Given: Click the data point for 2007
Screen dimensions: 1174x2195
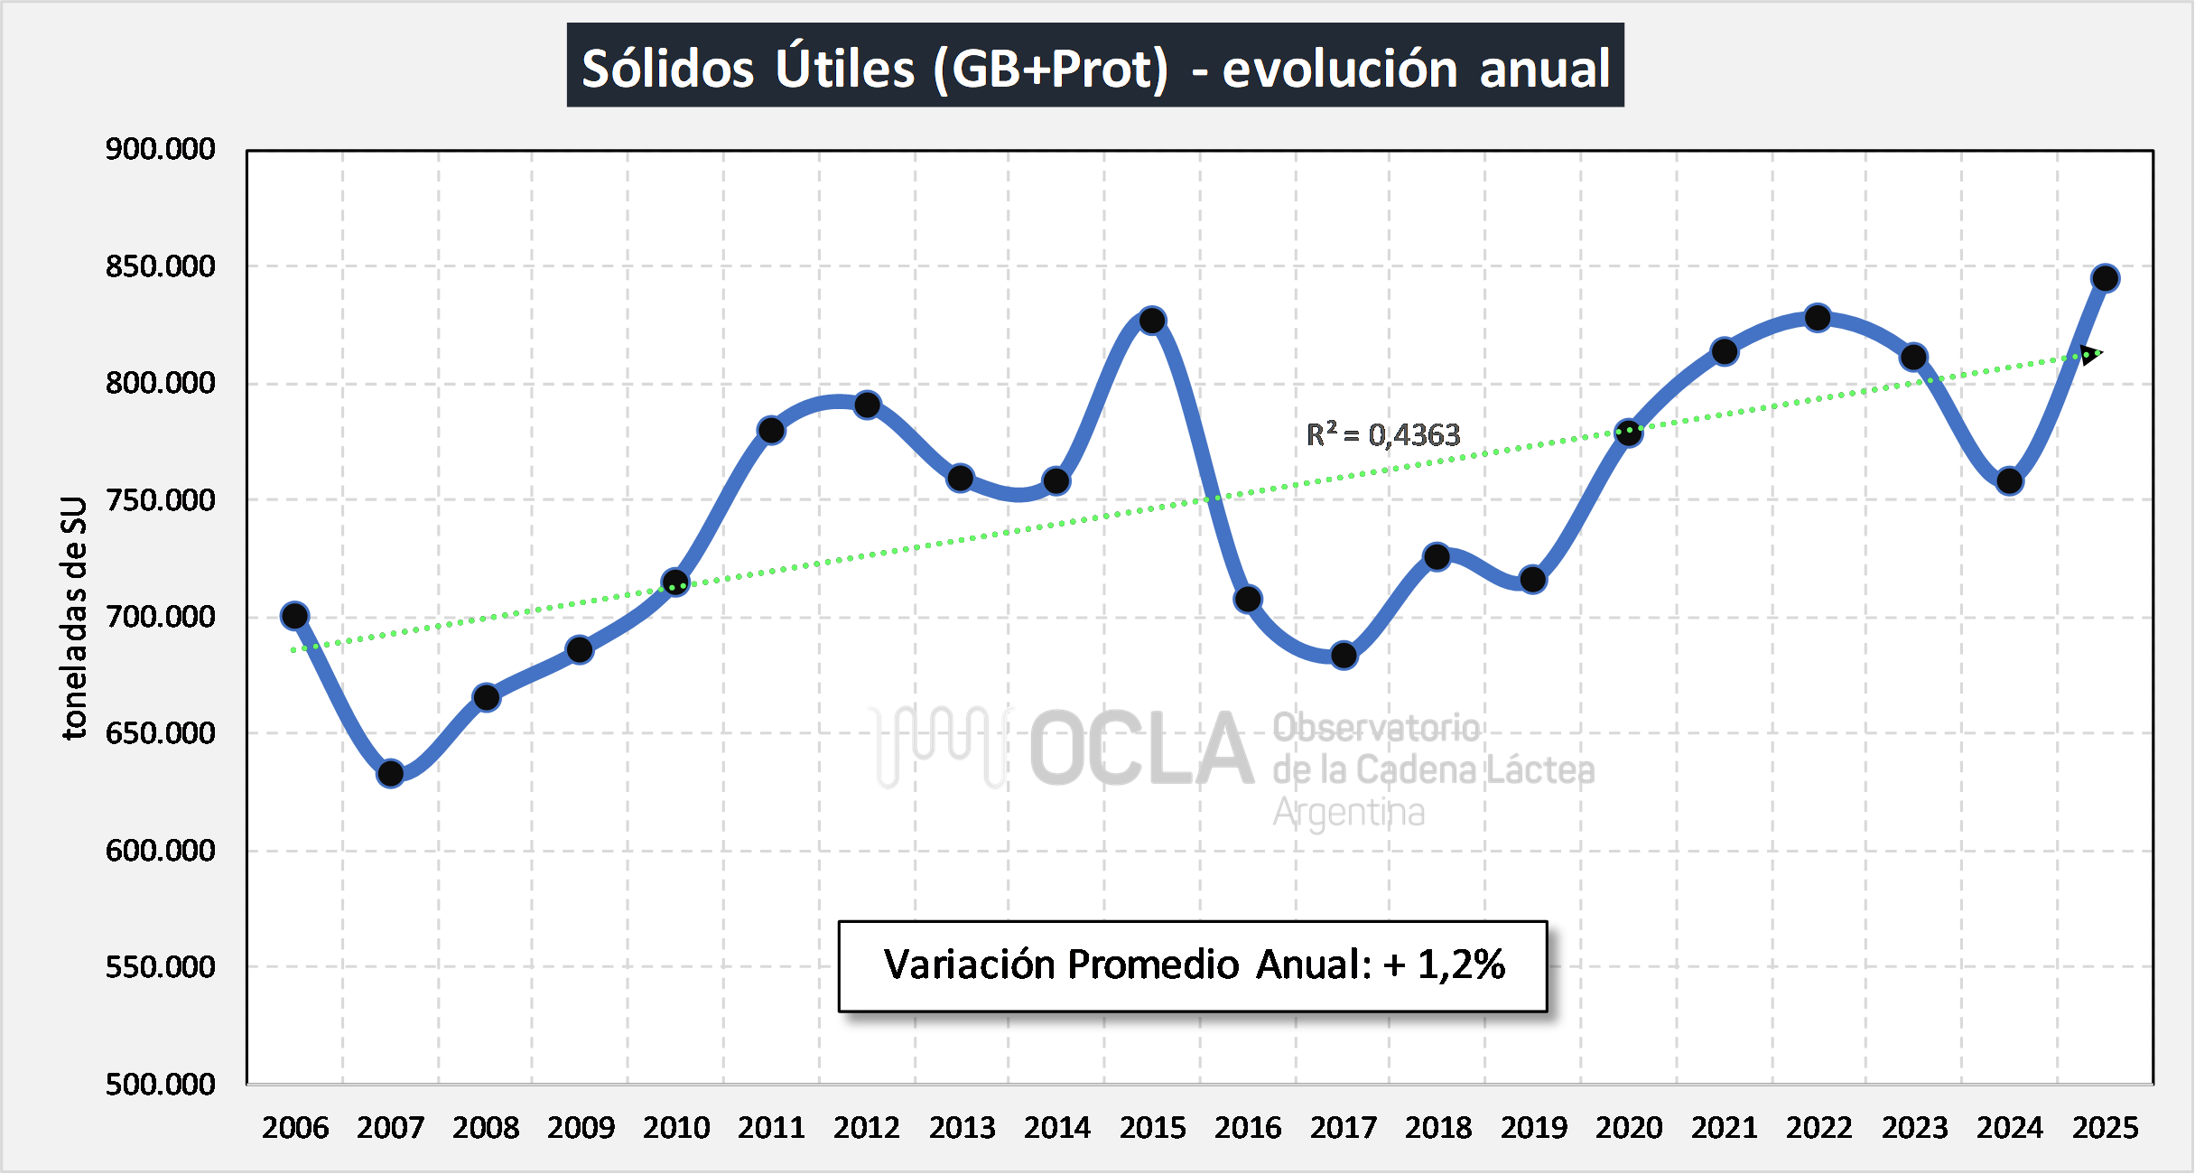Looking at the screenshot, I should pos(390,774).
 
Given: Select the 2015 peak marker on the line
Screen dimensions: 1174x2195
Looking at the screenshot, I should pos(1152,321).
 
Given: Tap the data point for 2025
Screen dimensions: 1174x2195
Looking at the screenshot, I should pos(2105,278).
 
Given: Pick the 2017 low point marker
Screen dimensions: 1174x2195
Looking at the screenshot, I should pos(1344,656).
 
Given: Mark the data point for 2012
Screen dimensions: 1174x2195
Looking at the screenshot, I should pos(867,405).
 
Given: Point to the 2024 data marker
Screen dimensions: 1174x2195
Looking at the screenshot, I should pos(2009,481).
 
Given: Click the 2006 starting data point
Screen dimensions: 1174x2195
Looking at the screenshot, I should pos(294,616).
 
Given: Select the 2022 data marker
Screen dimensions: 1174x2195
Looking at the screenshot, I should pos(1818,318).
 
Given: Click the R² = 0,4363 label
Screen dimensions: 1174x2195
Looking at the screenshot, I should pos(1382,435).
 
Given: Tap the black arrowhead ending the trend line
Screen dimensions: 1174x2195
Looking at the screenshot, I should pos(2089,354).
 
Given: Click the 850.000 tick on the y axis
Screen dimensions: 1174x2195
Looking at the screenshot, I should pos(160,266).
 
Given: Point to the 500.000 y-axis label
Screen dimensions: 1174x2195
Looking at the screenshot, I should pos(160,1084).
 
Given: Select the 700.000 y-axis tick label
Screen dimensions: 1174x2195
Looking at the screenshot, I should pos(160,617).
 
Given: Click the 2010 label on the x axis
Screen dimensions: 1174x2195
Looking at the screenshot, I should pos(676,1128).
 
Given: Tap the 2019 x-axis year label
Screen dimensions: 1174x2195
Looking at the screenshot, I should pos(1534,1128).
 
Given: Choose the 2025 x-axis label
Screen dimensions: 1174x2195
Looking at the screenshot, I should pos(2105,1128).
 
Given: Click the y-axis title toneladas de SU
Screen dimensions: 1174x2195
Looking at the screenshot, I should pos(74,618).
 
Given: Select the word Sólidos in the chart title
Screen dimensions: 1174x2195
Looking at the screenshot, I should pos(667,69).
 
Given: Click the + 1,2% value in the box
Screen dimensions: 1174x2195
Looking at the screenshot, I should pos(1445,964).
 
